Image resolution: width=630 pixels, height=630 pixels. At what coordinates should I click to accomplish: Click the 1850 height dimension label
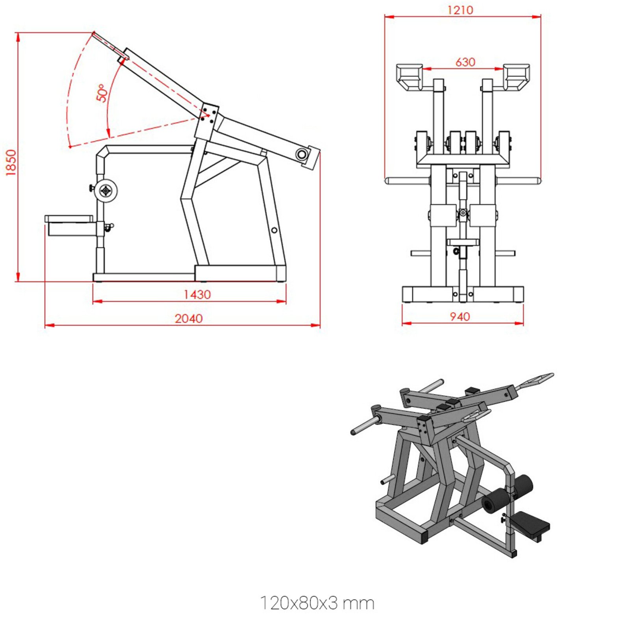(11, 162)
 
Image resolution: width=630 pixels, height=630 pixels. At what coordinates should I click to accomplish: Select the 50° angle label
(102, 93)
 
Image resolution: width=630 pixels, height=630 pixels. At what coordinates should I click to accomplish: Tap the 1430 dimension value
(197, 295)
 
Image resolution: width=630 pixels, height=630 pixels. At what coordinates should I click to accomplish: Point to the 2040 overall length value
(189, 319)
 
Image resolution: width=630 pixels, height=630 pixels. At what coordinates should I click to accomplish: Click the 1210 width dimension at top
(460, 10)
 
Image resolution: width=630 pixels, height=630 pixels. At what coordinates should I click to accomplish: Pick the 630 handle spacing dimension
(465, 62)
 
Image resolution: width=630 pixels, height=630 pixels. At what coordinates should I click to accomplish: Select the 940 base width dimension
(460, 317)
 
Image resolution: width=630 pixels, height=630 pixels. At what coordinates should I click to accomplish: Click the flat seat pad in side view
(69, 219)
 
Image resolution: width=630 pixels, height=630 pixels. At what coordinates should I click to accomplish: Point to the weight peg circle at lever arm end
(302, 154)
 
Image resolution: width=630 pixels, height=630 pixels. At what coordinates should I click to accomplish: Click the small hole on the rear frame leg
(274, 230)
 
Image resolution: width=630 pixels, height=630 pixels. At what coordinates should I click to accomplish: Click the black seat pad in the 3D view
(530, 523)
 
